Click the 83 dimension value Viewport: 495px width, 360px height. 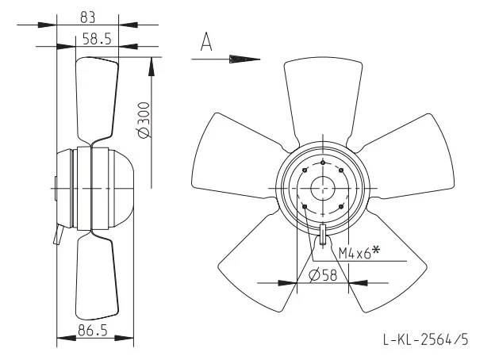pos(87,17)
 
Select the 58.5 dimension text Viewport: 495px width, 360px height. pos(97,39)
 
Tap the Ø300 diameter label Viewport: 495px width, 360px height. pos(144,120)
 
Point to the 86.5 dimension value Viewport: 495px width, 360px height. pos(93,331)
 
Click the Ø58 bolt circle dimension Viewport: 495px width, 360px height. pos(323,275)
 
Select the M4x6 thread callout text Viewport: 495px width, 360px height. pos(355,253)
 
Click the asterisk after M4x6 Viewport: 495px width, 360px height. pos(376,250)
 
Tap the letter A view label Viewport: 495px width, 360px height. pos(206,41)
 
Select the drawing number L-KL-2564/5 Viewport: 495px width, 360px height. pos(426,339)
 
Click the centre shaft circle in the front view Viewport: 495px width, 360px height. pos(323,189)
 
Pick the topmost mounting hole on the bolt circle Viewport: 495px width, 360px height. pos(323,163)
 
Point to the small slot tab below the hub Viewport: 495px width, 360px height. pos(323,234)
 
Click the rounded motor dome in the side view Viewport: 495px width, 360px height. pos(121,189)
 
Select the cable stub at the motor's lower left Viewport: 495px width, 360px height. pos(59,235)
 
